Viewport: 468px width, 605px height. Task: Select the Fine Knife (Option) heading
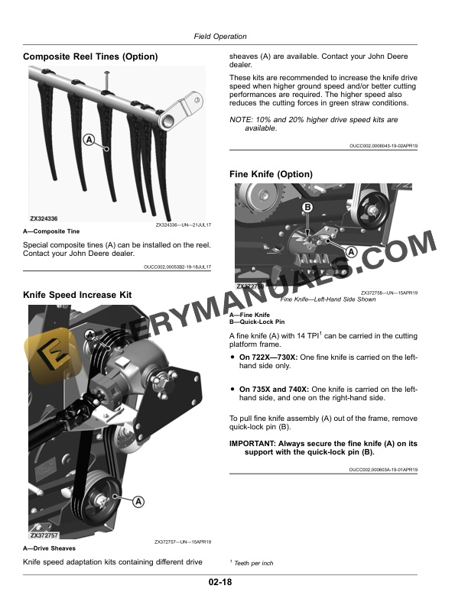click(x=271, y=174)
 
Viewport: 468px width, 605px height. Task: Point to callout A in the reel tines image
click(x=89, y=141)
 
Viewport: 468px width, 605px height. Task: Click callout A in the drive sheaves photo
click(x=138, y=502)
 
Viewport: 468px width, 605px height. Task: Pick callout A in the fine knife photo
click(x=352, y=251)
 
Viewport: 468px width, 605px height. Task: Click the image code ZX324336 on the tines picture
click(x=45, y=219)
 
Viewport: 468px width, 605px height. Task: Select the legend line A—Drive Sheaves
click(x=50, y=548)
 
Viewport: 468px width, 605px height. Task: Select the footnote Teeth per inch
click(x=253, y=563)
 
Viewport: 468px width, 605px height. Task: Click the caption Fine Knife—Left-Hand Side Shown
click(x=328, y=299)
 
